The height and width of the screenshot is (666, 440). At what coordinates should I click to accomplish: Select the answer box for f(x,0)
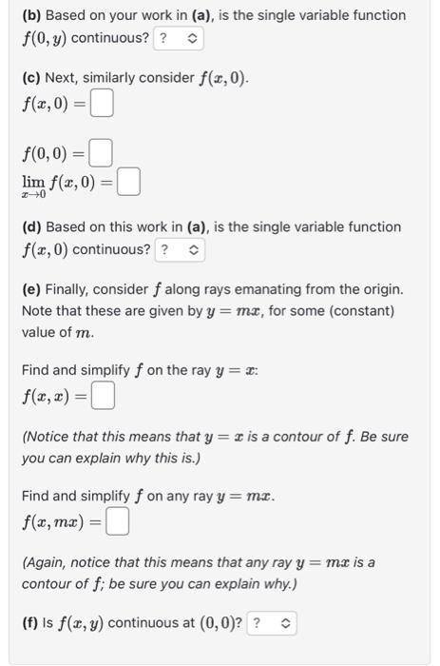click(102, 103)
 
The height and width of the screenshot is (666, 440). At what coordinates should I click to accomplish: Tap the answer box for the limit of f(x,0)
click(130, 181)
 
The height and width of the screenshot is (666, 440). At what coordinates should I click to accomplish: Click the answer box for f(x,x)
click(104, 393)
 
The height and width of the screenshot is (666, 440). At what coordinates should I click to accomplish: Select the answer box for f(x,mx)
click(118, 521)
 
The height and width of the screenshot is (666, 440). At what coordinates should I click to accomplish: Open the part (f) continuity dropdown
click(272, 624)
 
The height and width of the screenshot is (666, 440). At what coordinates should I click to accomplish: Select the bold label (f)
click(30, 624)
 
